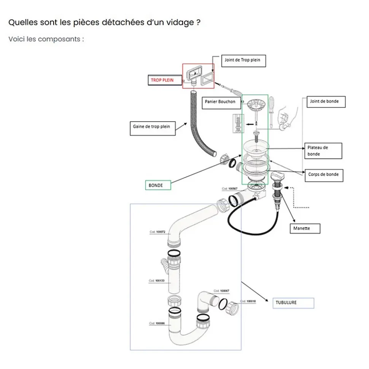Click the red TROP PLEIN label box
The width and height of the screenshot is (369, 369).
163,80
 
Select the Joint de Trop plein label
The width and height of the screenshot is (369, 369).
243,60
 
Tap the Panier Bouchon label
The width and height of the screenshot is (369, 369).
220,102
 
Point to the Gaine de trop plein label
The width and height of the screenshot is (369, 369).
152,127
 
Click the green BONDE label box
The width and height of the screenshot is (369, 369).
157,185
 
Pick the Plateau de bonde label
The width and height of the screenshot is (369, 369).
324,150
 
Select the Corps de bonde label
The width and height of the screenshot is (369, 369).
323,174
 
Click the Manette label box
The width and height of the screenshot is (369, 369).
304,228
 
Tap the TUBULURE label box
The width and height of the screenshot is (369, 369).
293,303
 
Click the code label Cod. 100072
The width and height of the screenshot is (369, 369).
157,231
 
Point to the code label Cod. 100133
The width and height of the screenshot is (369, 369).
156,281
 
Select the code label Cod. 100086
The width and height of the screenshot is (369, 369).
157,323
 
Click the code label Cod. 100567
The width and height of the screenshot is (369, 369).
230,189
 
